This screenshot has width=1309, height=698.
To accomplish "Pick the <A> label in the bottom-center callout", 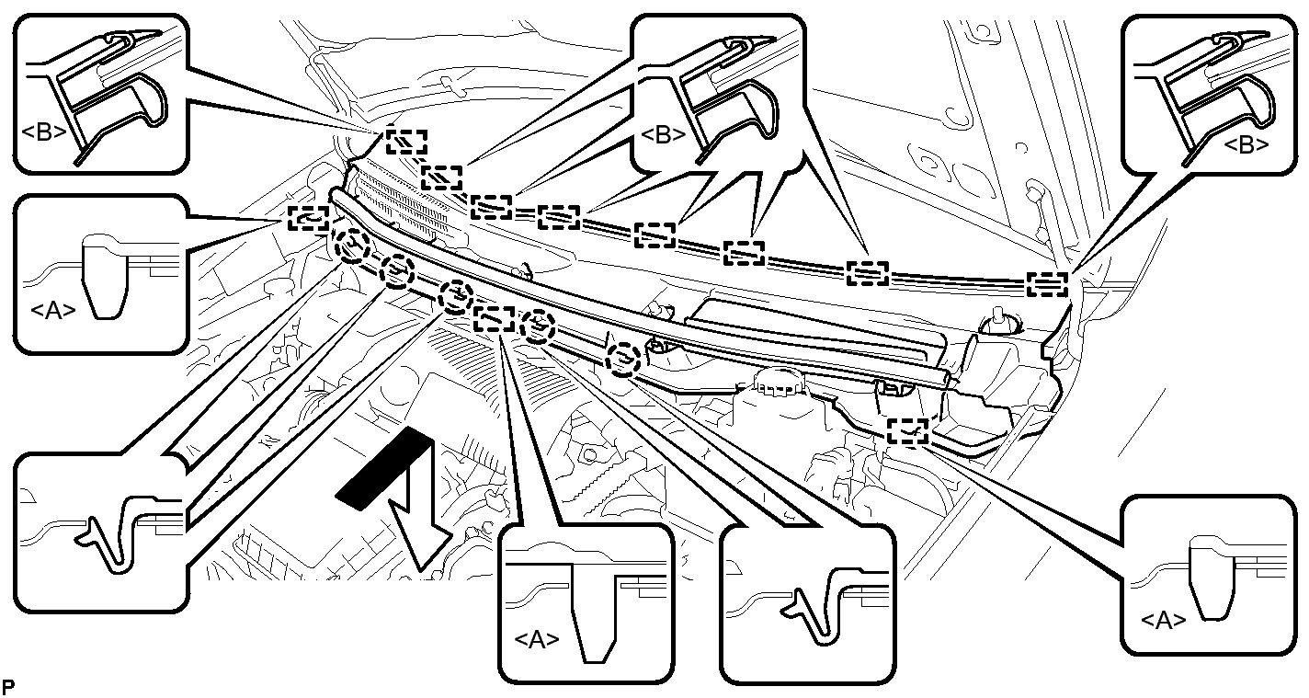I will [539, 639].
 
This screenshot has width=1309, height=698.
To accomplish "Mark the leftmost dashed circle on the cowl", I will [352, 246].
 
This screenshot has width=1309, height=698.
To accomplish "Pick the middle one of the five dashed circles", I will [453, 297].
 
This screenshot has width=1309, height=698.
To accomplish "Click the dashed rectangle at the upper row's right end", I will [1046, 284].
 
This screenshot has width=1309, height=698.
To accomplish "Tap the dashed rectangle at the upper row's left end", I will [405, 142].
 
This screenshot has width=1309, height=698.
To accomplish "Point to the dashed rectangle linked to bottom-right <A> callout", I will [908, 431].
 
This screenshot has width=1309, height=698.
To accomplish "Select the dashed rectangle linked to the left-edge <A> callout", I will [308, 219].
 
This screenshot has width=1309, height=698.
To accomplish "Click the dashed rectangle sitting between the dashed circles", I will [494, 318].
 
